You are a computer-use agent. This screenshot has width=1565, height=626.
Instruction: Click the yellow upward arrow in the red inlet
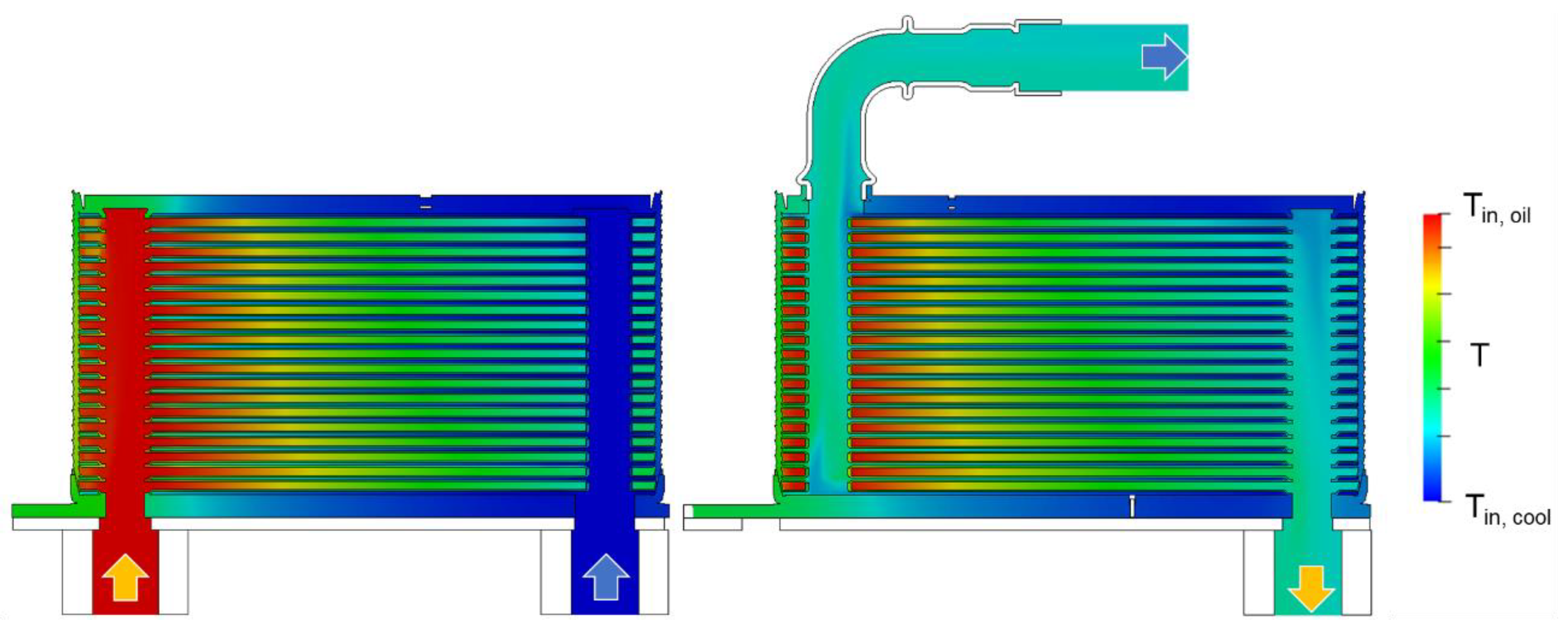pos(125,576)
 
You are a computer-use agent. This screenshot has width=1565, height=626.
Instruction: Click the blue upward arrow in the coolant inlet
pos(606,576)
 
